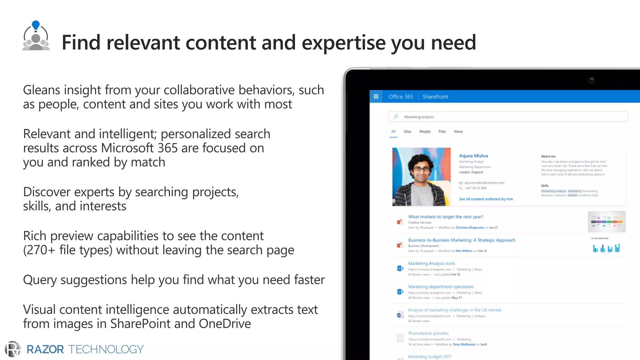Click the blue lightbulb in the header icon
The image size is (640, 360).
pyautogui.click(x=36, y=25)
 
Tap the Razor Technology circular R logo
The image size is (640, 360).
pyautogui.click(x=13, y=349)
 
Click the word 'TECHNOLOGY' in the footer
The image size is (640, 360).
pyautogui.click(x=106, y=349)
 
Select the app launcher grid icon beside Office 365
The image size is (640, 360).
pyautogui.click(x=376, y=97)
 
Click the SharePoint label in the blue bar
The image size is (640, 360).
pyautogui.click(x=435, y=97)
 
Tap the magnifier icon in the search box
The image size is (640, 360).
pyautogui.click(x=396, y=117)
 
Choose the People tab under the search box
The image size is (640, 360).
pyautogui.click(x=425, y=132)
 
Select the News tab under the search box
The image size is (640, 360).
pyautogui.click(x=458, y=132)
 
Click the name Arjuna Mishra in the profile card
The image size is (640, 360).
pyautogui.click(x=473, y=156)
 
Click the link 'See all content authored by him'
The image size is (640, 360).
pyautogui.click(x=486, y=199)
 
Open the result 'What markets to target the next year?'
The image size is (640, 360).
pyautogui.click(x=445, y=217)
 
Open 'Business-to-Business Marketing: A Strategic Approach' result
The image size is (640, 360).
pyautogui.click(x=462, y=240)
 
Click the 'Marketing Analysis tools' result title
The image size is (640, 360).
pyautogui.click(x=432, y=263)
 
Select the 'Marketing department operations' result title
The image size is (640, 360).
pyautogui.click(x=441, y=287)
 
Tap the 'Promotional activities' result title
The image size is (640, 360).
pyautogui.click(x=428, y=333)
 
